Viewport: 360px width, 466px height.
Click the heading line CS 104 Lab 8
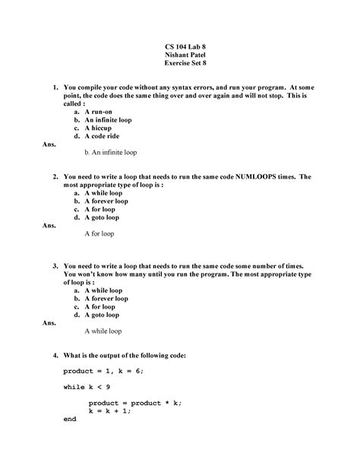click(x=180, y=47)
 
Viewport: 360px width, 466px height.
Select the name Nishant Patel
click(x=180, y=56)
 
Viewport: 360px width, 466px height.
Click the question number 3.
click(x=55, y=266)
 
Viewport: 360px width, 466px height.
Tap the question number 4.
click(x=55, y=356)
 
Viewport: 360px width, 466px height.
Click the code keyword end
click(x=71, y=419)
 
